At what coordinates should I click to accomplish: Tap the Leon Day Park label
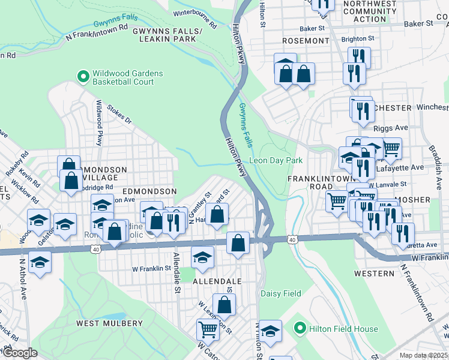point(276,160)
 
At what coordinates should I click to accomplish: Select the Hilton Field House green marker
point(301,328)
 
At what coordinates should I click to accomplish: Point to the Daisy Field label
point(280,293)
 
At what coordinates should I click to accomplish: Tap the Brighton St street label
point(358,38)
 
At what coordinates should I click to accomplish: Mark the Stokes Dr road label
point(119,115)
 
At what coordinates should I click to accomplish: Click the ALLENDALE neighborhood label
point(217,281)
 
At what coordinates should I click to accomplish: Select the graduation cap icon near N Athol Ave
point(40,263)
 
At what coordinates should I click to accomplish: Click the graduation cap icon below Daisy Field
point(271,332)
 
